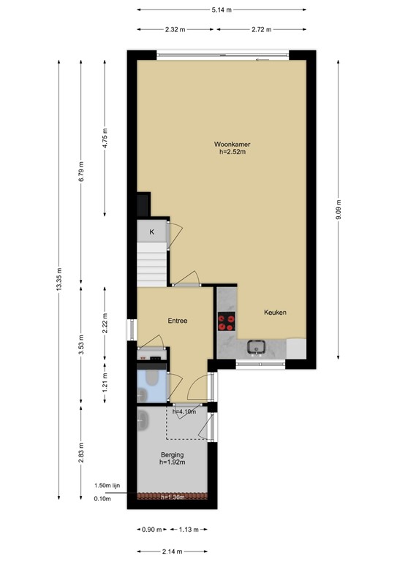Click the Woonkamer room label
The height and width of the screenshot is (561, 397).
pyautogui.click(x=227, y=144)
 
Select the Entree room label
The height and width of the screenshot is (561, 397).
pyautogui.click(x=178, y=321)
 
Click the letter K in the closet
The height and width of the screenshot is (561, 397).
pyautogui.click(x=152, y=232)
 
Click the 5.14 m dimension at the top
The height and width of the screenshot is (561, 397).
pyautogui.click(x=221, y=9)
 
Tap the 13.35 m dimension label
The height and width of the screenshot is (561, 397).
pyautogui.click(x=58, y=278)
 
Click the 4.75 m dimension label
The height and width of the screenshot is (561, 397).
pyautogui.click(x=105, y=139)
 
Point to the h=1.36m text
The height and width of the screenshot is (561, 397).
pyautogui.click(x=173, y=498)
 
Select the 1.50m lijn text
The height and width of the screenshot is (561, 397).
pyautogui.click(x=106, y=486)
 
